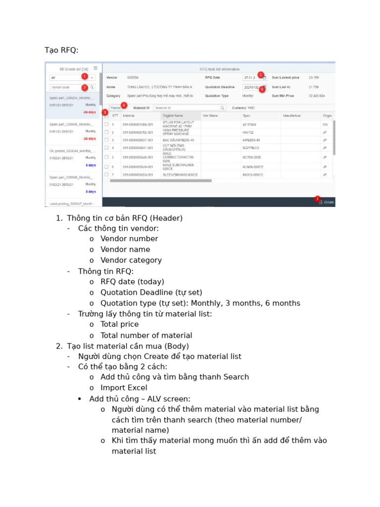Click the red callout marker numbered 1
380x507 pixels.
pyautogui.click(x=85, y=76)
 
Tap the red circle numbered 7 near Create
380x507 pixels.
pyautogui.click(x=317, y=199)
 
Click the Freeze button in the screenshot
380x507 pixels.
pyautogui.click(x=115, y=107)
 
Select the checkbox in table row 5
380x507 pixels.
pyautogui.click(x=106, y=157)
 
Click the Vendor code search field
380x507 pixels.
pyautogui.click(x=69, y=87)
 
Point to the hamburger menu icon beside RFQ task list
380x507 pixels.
pyautogui.click(x=95, y=68)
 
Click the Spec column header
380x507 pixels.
pyautogui.click(x=246, y=115)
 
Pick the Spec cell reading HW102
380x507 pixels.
pyautogui.click(x=248, y=133)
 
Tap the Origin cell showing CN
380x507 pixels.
pyautogui.click(x=325, y=124)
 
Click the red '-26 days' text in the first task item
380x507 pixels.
pyautogui.click(x=90, y=112)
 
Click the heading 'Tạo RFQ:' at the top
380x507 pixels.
pyautogui.click(x=61, y=50)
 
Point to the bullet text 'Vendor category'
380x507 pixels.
pyautogui.click(x=131, y=260)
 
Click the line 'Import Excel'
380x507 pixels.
pyautogui.click(x=124, y=388)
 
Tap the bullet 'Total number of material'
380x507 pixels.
pyautogui.click(x=146, y=335)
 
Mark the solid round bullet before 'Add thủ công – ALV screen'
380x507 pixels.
pyautogui.click(x=80, y=399)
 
